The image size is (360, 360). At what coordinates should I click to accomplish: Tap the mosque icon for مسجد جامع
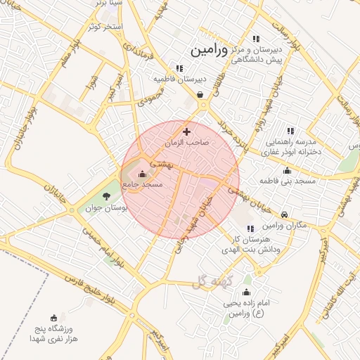pos(143,174)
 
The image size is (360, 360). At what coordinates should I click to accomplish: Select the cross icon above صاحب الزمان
pos(186,131)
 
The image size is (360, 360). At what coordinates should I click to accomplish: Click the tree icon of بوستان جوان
pos(106,196)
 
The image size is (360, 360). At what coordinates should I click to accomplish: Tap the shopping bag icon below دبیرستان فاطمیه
pos(200,94)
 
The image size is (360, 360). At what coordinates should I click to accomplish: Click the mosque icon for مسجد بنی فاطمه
pos(287,171)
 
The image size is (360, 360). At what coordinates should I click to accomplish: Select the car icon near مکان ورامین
pos(283,215)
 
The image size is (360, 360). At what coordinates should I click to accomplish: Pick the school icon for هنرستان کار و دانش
pos(251,229)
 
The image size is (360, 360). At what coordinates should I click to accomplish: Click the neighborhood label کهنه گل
pos(209,283)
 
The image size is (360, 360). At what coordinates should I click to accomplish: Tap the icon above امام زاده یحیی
pos(246,292)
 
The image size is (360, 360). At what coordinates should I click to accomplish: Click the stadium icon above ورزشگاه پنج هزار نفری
pos(53,318)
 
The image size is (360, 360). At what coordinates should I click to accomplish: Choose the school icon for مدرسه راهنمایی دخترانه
pos(290,131)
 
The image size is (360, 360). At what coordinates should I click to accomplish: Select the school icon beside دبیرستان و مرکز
pos(256,39)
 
